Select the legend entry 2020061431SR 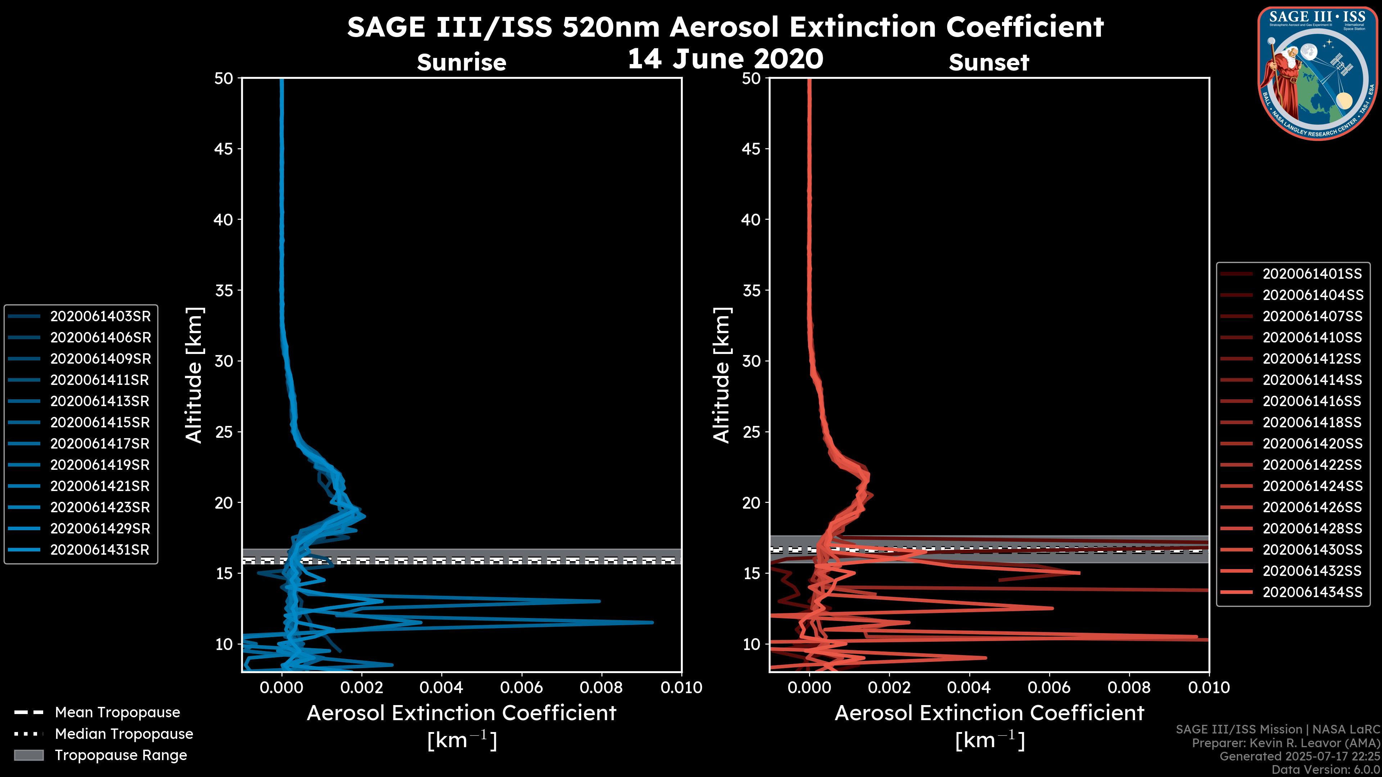[99, 550]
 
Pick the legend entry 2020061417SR [100, 444]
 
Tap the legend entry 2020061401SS [1312, 274]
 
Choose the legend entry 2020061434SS [1312, 592]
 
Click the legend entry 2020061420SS [1312, 444]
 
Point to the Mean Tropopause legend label [117, 712]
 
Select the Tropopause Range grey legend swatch [29, 755]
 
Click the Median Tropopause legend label [123, 733]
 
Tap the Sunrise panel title [461, 62]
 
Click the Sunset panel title [989, 62]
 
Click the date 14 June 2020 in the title [725, 58]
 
